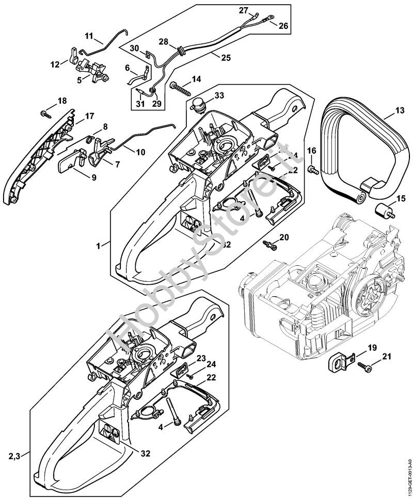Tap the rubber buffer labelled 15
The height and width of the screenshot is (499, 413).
pyautogui.click(x=382, y=212)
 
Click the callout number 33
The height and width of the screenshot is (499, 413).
pyautogui.click(x=219, y=95)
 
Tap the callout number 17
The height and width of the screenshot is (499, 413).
pyautogui.click(x=89, y=116)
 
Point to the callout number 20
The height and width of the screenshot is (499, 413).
pyautogui.click(x=284, y=237)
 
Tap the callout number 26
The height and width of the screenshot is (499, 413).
pyautogui.click(x=284, y=24)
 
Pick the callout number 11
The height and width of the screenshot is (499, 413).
pyautogui.click(x=89, y=36)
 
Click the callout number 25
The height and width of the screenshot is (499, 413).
pyautogui.click(x=225, y=57)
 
